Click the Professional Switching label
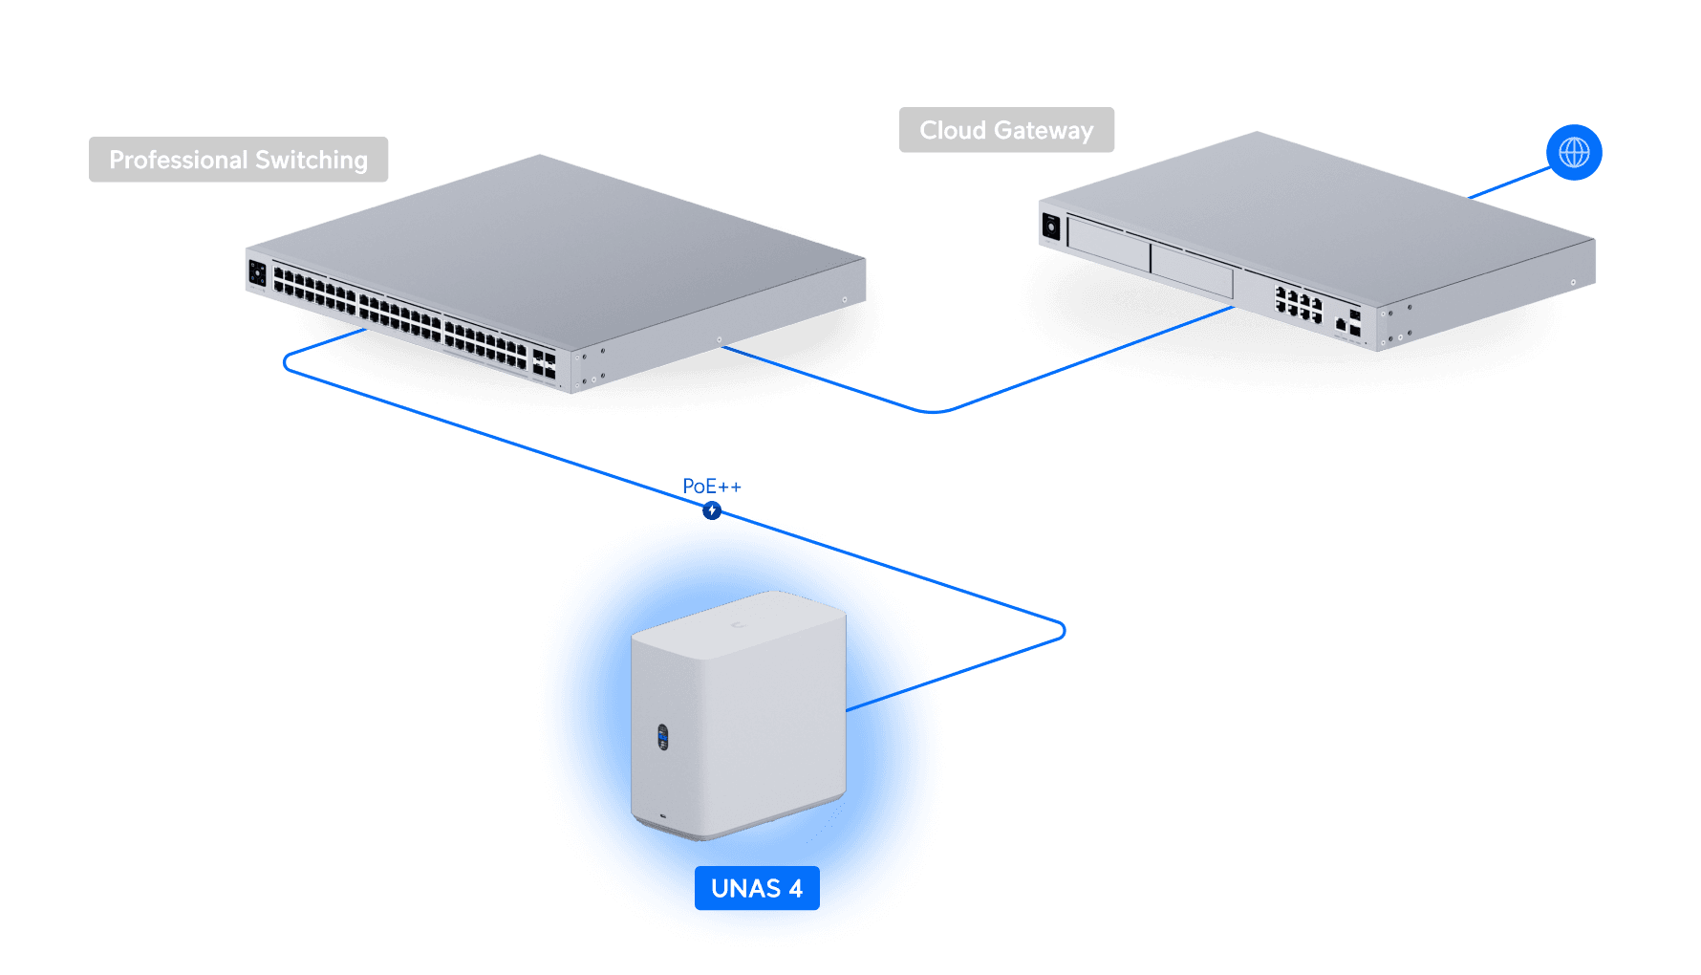(238, 160)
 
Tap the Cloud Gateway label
(1006, 130)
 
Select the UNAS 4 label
(756, 888)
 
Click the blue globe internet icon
(1574, 152)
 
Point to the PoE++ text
(712, 486)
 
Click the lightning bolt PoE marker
(712, 510)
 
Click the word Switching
(312, 160)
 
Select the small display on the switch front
(257, 273)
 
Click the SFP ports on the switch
(544, 362)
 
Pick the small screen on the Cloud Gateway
(1051, 227)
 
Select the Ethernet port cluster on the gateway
(1299, 305)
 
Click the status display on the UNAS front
(663, 737)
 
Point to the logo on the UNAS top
(737, 625)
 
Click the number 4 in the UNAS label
(795, 888)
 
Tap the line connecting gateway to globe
(1510, 183)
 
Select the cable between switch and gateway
(932, 411)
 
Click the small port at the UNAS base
(663, 816)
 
